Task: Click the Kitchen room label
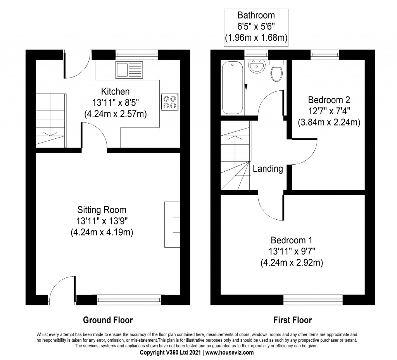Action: (x=115, y=92)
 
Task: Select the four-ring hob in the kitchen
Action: (x=170, y=102)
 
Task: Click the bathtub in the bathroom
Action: (x=232, y=88)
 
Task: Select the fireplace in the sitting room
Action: (x=173, y=224)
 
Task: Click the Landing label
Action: (x=268, y=169)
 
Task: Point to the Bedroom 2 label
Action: (x=329, y=99)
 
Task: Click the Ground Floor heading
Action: (x=108, y=320)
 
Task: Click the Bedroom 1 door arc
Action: (x=270, y=205)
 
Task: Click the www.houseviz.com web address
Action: (x=229, y=353)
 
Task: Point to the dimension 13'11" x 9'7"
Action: (x=292, y=251)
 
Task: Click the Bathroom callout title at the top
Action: (x=256, y=16)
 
